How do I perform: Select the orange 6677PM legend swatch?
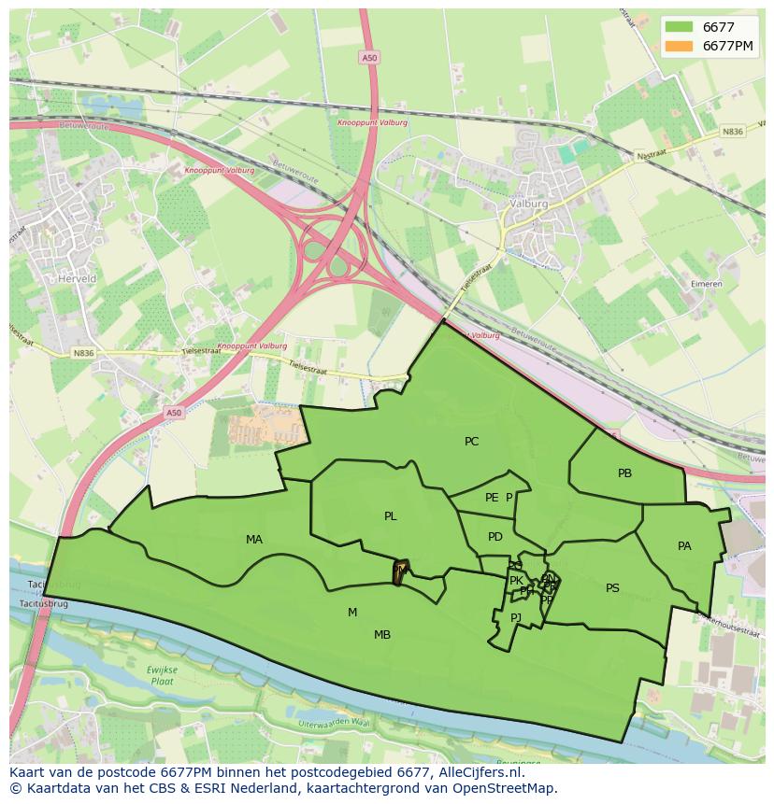pos(681,46)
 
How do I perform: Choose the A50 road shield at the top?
pos(369,58)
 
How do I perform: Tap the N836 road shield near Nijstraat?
pos(732,132)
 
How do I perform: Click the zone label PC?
pos(471,442)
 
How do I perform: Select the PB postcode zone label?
pos(624,473)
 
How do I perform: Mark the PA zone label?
pos(684,546)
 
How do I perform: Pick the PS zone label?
pos(612,588)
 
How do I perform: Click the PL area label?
pos(390,516)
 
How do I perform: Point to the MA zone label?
pos(254,540)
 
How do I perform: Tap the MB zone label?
pos(382,635)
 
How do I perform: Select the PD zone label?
pos(495,537)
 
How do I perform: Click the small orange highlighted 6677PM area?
pos(399,571)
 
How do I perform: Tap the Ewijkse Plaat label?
pos(161,675)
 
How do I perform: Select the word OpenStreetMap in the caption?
pos(504,788)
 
